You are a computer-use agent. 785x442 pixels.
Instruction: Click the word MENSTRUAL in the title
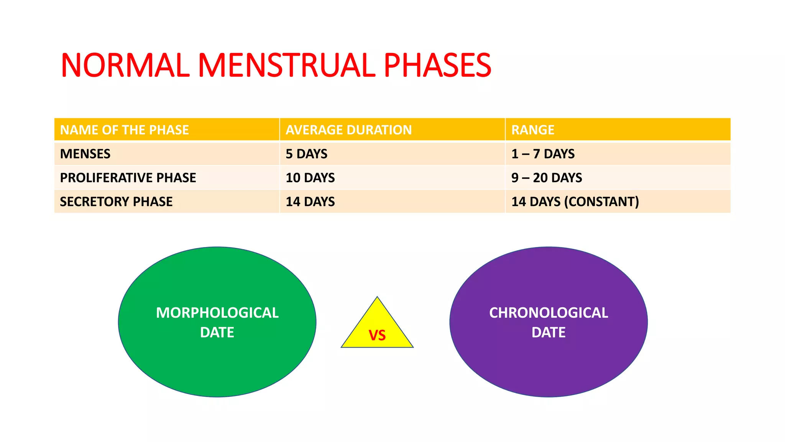tap(286, 65)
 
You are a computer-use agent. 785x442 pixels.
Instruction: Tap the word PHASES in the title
tap(437, 65)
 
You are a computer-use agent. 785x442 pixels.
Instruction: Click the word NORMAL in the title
tap(125, 65)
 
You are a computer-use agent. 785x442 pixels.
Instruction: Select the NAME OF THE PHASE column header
tap(125, 130)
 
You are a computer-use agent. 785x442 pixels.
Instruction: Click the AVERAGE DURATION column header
tap(348, 130)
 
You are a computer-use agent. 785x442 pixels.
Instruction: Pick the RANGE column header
tap(533, 130)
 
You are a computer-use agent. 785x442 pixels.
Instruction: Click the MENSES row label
tap(85, 154)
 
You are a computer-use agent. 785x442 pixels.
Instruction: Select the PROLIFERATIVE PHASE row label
tap(128, 178)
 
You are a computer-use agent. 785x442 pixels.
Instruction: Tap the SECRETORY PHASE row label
tap(116, 201)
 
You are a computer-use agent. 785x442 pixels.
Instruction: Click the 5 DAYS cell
tap(306, 154)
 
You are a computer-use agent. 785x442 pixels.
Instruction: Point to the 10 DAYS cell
tap(310, 178)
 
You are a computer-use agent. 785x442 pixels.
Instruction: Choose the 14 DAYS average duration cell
tap(310, 201)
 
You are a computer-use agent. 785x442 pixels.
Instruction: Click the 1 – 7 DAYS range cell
tap(543, 154)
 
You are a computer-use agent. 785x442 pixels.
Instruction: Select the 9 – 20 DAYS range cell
tap(547, 178)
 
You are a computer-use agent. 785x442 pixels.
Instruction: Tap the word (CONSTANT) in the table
tap(601, 201)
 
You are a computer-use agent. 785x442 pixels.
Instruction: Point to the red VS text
tap(377, 336)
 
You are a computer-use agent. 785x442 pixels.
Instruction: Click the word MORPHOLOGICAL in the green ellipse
tap(217, 313)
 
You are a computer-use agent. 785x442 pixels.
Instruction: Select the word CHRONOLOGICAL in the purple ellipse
tap(549, 313)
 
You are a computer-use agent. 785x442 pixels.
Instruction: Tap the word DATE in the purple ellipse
tap(549, 332)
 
